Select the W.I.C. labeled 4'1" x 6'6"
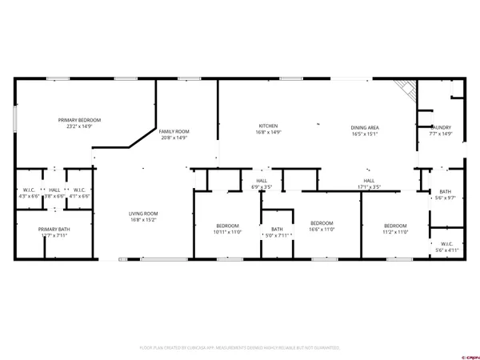click(x=78, y=193)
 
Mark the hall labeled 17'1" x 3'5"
click(x=369, y=184)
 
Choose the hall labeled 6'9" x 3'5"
click(x=262, y=184)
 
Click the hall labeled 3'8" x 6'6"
click(x=54, y=193)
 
